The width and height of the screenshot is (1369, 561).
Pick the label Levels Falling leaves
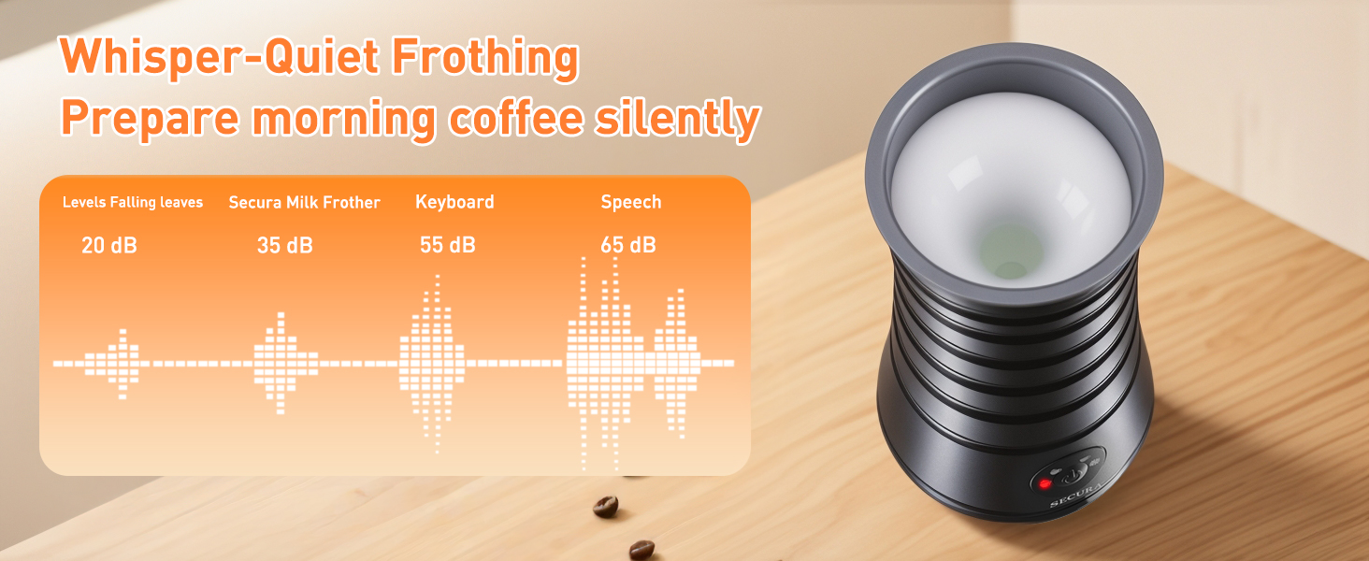click(x=133, y=202)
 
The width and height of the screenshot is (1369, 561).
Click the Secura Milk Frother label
click(x=305, y=202)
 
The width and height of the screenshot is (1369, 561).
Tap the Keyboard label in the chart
click(x=454, y=202)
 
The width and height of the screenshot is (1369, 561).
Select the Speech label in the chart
click(x=631, y=202)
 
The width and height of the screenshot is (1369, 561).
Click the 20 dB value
click(x=109, y=246)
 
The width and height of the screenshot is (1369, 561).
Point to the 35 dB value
click(x=285, y=246)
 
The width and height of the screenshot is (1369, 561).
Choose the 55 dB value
click(x=448, y=246)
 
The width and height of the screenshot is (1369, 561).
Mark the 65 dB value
click(x=628, y=246)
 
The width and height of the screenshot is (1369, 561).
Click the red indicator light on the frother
click(x=1043, y=482)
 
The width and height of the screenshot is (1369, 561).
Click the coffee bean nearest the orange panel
click(x=606, y=506)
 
